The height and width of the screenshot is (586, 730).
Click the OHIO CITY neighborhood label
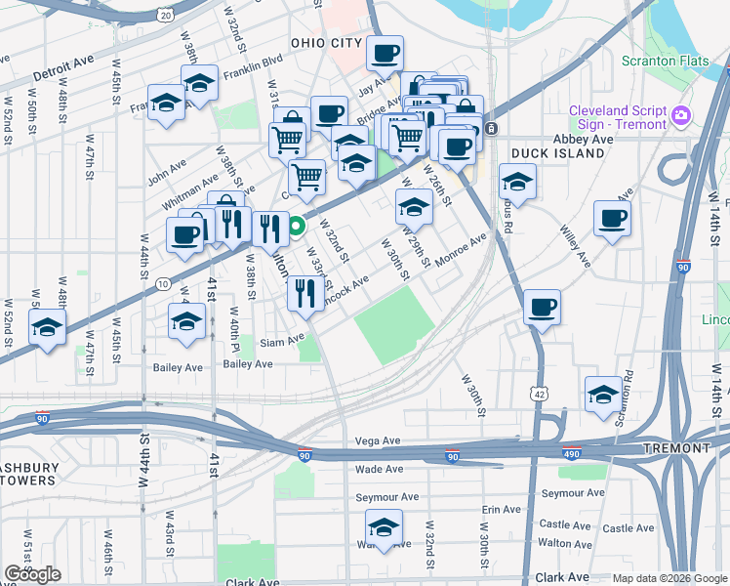tap(326, 43)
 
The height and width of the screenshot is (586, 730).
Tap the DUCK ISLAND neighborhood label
tap(546, 153)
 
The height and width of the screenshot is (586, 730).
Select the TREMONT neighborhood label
tap(677, 448)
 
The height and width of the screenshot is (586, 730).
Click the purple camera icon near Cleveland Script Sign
tap(681, 117)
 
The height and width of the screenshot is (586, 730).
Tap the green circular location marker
tap(298, 230)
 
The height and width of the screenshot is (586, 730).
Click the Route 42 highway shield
tap(540, 392)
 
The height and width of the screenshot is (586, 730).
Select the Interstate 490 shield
tap(573, 454)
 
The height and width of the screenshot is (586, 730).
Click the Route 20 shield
tap(166, 15)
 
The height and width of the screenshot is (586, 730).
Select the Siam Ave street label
tap(283, 342)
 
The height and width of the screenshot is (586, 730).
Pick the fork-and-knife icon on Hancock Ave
tap(306, 291)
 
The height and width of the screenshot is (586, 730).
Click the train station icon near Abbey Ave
tap(492, 128)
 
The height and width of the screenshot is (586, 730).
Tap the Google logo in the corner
tap(32, 574)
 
